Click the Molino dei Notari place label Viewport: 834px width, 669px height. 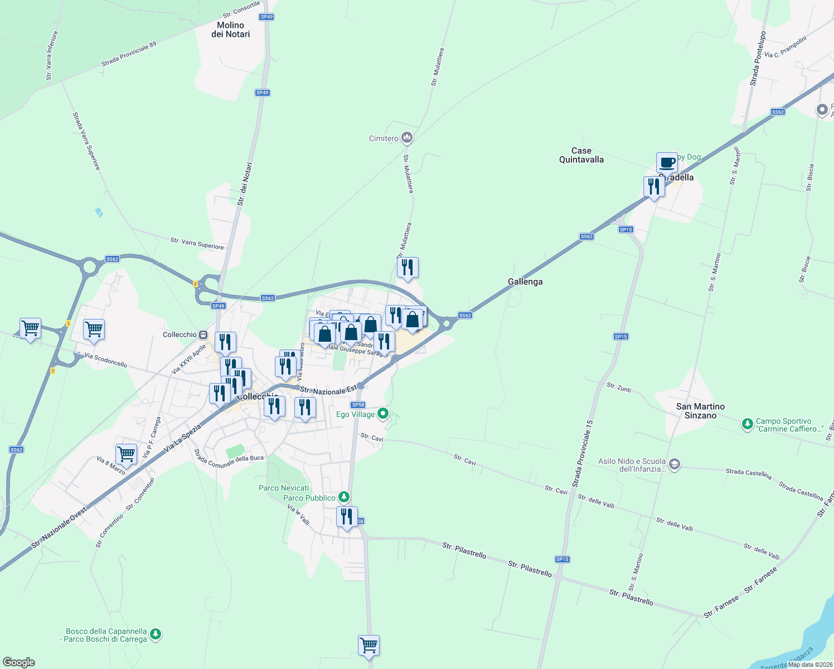(x=231, y=30)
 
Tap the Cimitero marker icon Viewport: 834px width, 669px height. (x=407, y=138)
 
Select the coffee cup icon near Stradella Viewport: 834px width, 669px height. (x=667, y=163)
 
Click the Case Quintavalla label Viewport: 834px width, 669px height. (x=581, y=155)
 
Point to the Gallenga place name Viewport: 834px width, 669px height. (x=525, y=282)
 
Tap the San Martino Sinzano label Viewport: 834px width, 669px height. (x=700, y=411)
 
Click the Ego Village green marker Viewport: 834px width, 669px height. (x=383, y=414)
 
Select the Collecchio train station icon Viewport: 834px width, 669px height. (x=203, y=334)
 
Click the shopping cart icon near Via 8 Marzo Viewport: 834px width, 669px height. (x=127, y=454)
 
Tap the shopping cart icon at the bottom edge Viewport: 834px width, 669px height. (x=369, y=646)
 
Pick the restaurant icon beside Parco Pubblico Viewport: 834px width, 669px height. (x=347, y=517)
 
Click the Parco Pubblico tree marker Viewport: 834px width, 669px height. (x=345, y=497)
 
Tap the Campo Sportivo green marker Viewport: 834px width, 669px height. (x=748, y=425)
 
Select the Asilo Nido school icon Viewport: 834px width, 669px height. (x=675, y=464)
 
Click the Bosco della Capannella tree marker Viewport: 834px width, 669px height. (x=156, y=634)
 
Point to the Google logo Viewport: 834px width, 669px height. (x=19, y=662)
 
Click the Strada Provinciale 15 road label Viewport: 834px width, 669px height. (x=583, y=454)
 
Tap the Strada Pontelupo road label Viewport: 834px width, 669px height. (x=758, y=59)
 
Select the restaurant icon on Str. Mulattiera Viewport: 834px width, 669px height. (x=408, y=268)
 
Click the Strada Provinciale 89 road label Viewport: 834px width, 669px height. (x=129, y=55)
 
